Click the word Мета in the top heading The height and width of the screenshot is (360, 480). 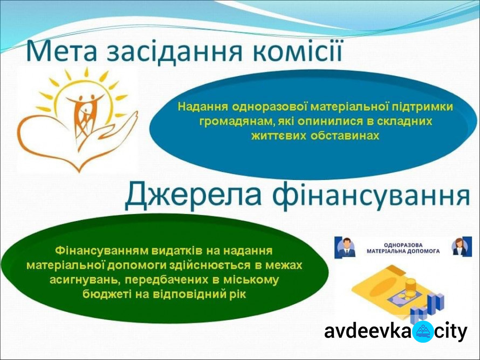[x=61, y=50]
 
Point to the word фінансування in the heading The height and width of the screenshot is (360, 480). [x=371, y=196]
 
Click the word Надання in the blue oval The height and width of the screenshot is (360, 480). [x=203, y=107]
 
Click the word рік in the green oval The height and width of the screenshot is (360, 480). [x=237, y=295]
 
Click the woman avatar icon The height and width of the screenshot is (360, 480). [x=462, y=246]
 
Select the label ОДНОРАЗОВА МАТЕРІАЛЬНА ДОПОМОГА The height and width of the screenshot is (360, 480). [x=403, y=248]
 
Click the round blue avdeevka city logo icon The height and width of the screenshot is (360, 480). [x=423, y=332]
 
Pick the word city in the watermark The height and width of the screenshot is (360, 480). [x=451, y=332]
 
